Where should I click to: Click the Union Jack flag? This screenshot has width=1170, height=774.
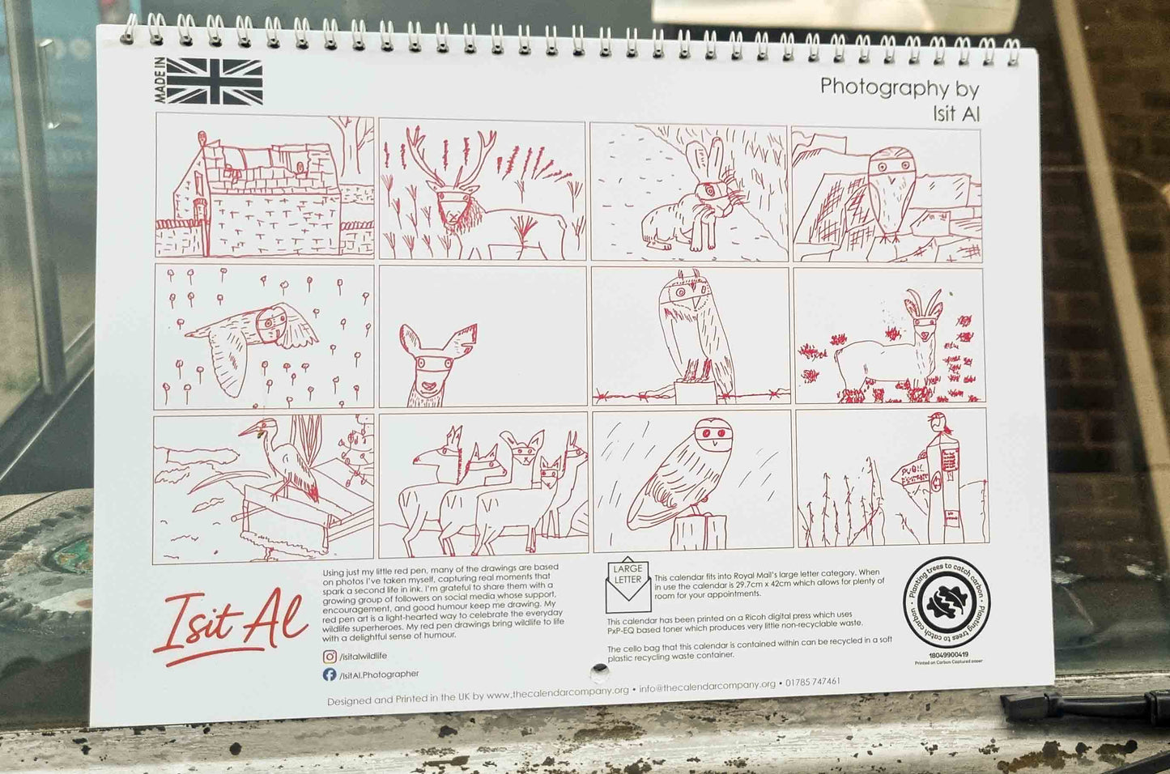click(215, 82)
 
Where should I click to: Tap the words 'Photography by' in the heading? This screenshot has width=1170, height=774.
click(899, 87)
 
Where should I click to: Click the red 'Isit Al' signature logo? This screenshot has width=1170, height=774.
click(230, 624)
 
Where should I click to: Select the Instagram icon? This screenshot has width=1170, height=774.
click(330, 657)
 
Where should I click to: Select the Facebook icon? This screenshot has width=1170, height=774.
click(330, 674)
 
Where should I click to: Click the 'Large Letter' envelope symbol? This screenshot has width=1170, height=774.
click(628, 585)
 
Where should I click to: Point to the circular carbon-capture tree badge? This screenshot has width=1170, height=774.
click(946, 603)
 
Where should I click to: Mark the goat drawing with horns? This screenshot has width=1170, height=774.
click(891, 348)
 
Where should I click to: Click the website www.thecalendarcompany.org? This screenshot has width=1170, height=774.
click(558, 693)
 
